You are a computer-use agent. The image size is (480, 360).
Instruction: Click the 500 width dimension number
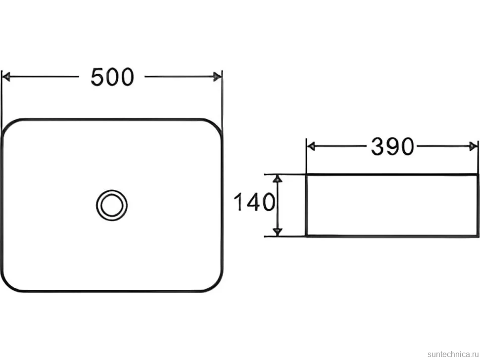click(x=112, y=77)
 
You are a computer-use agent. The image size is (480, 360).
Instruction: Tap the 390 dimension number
click(x=392, y=146)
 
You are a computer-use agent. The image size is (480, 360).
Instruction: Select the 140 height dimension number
click(x=254, y=202)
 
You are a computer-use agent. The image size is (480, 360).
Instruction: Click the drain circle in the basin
click(x=112, y=205)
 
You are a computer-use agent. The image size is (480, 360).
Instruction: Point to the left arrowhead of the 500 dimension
click(x=6, y=77)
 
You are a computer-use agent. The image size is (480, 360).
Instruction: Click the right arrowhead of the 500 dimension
click(x=218, y=77)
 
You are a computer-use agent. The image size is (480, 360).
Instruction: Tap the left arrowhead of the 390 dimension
click(x=311, y=146)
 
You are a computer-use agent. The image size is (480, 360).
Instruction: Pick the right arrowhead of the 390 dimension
click(x=473, y=146)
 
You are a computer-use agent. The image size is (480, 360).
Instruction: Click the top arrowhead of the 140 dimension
click(x=277, y=179)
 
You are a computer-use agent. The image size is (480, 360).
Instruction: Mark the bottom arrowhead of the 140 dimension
click(x=277, y=232)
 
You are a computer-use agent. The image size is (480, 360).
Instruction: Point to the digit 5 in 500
click(x=97, y=77)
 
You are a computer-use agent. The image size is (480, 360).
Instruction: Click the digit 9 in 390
click(x=392, y=146)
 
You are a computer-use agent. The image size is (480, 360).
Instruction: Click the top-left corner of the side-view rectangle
click(x=306, y=175)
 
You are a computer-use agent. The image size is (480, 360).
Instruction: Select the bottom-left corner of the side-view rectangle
click(x=306, y=236)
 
